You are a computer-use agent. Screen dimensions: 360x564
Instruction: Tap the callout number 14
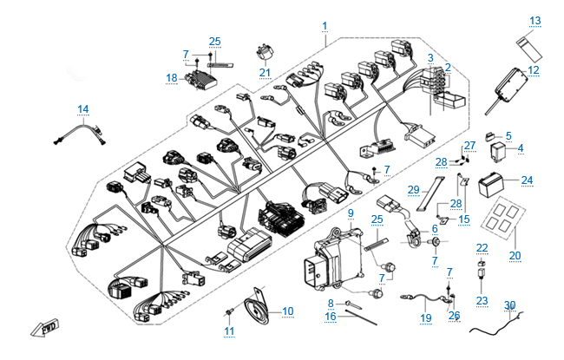[x=83, y=108]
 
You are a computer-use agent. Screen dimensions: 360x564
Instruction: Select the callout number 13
[x=534, y=20]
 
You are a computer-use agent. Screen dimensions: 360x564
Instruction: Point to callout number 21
[x=265, y=72]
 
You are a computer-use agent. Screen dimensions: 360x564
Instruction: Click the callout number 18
[x=171, y=77]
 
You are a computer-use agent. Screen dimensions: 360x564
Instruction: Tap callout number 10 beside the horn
[x=288, y=311]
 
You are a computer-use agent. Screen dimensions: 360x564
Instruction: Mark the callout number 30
[x=511, y=305]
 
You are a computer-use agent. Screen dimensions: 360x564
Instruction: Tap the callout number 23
[x=482, y=301]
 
